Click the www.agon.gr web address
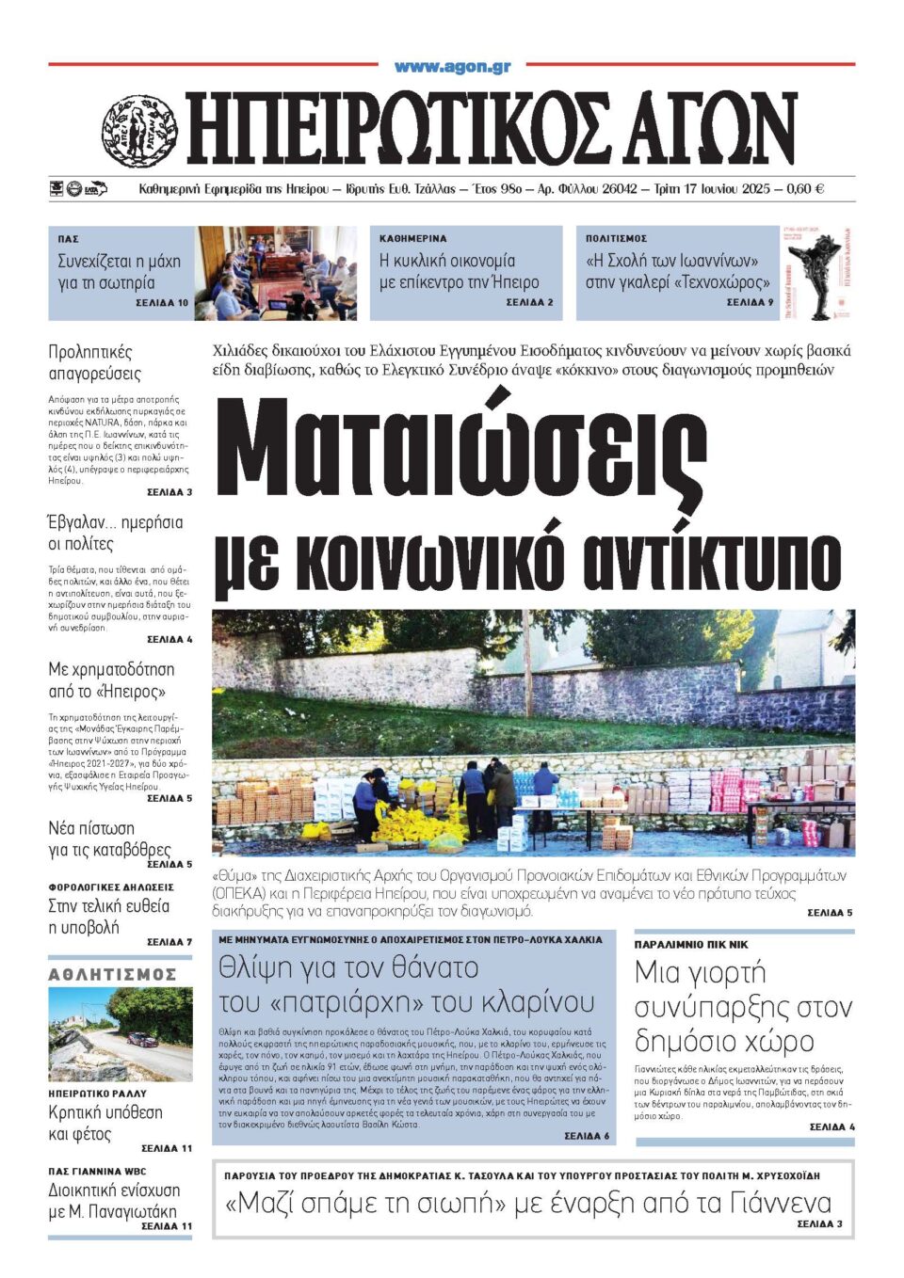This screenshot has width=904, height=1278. click(452, 67)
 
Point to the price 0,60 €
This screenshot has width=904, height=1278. click(805, 188)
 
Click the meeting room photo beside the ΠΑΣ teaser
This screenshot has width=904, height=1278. click(276, 273)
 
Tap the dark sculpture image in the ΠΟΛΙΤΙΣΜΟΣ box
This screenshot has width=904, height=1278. click(815, 273)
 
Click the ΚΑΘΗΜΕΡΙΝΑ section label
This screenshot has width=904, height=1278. click(413, 239)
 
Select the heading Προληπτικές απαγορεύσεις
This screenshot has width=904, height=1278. click(95, 362)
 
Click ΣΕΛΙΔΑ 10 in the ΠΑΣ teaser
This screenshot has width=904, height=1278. click(162, 303)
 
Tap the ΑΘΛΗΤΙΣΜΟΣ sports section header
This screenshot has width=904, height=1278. click(113, 974)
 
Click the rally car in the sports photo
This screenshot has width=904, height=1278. click(141, 1040)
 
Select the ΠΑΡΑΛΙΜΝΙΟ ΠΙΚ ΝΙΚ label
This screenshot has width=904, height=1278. click(691, 944)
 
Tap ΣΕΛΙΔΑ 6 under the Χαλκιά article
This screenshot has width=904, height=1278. click(587, 1136)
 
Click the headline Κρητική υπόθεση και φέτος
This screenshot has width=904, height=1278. click(105, 1123)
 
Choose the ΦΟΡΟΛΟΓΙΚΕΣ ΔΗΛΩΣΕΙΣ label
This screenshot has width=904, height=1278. click(111, 887)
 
